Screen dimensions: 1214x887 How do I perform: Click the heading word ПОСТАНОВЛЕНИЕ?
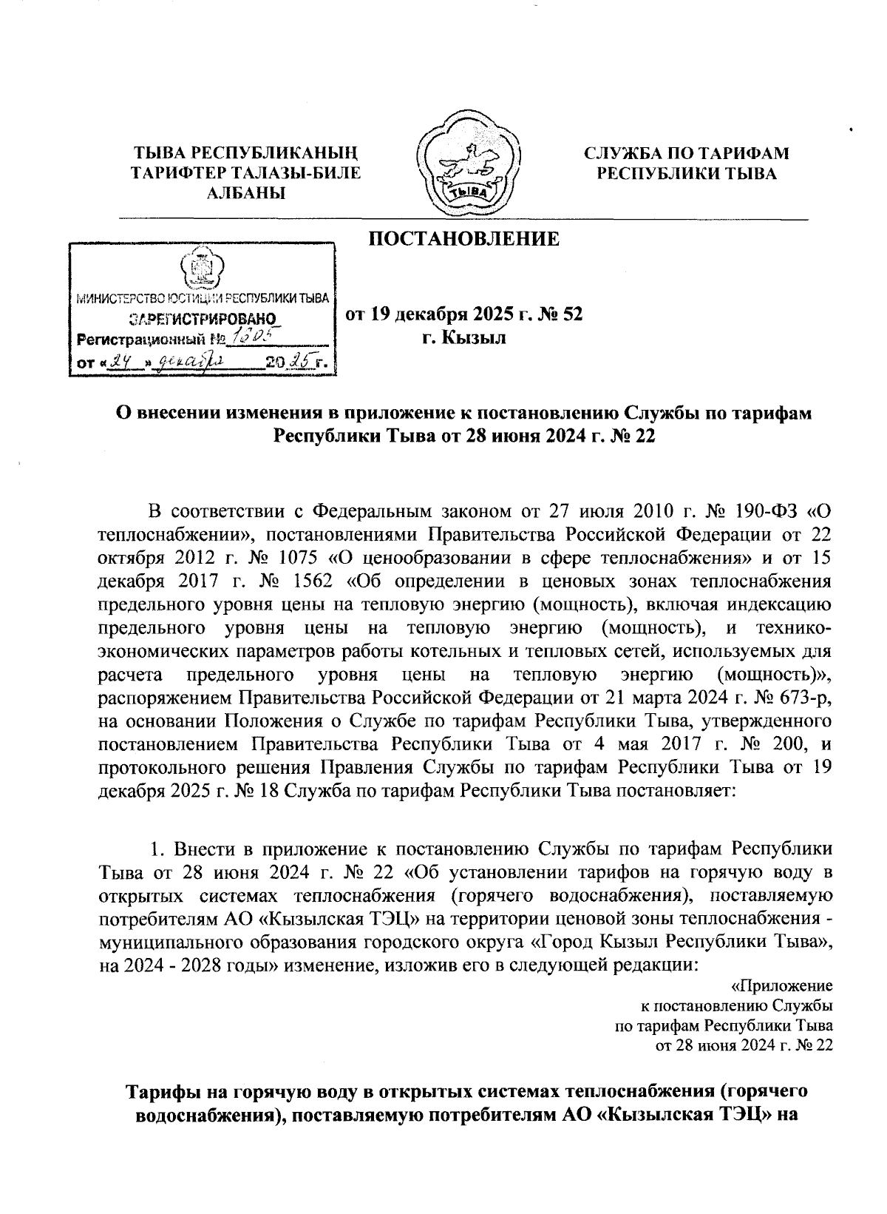coord(463,239)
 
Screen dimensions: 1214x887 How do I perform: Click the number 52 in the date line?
coord(573,315)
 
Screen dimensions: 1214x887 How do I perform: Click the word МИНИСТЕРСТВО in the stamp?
coord(117,298)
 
